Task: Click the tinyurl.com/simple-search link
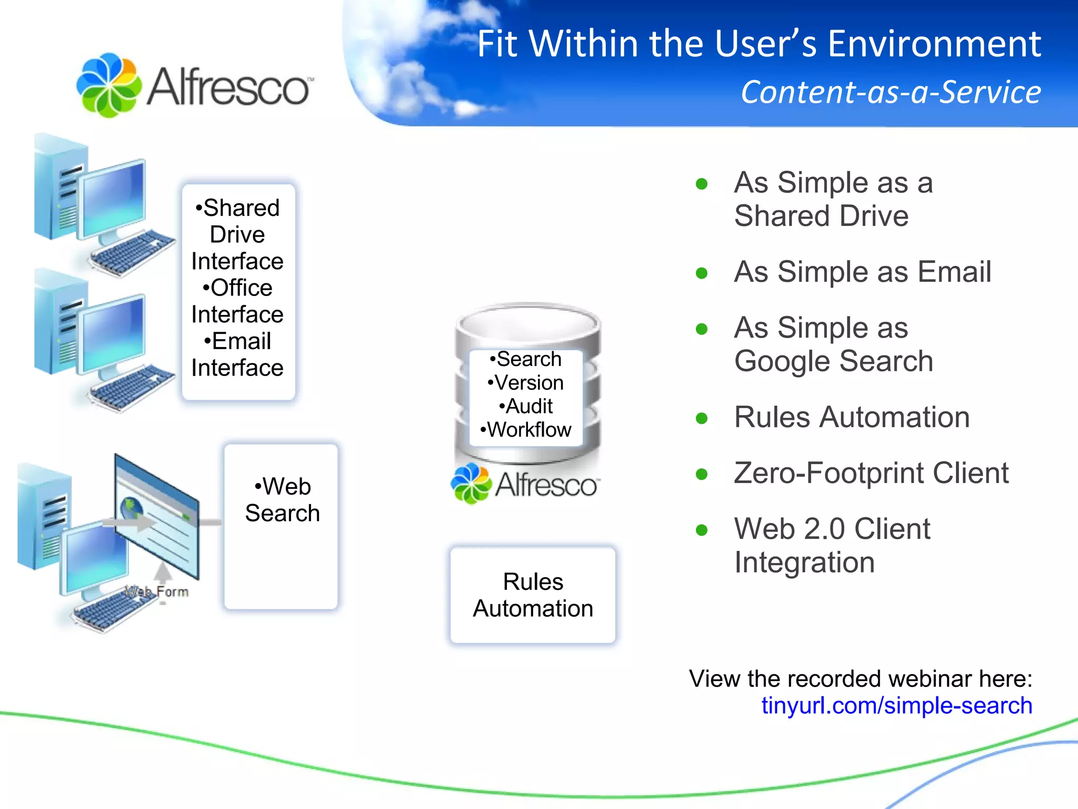click(896, 706)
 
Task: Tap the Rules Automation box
click(533, 595)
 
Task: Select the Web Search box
click(281, 527)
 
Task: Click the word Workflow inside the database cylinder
click(529, 430)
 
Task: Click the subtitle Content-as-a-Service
click(891, 92)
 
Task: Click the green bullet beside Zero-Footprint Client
click(701, 474)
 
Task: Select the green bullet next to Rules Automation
click(701, 418)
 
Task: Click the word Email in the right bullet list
click(954, 272)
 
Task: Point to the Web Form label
click(157, 591)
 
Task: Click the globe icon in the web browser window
click(131, 508)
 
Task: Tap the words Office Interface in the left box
click(237, 301)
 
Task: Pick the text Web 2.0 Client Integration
click(832, 545)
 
